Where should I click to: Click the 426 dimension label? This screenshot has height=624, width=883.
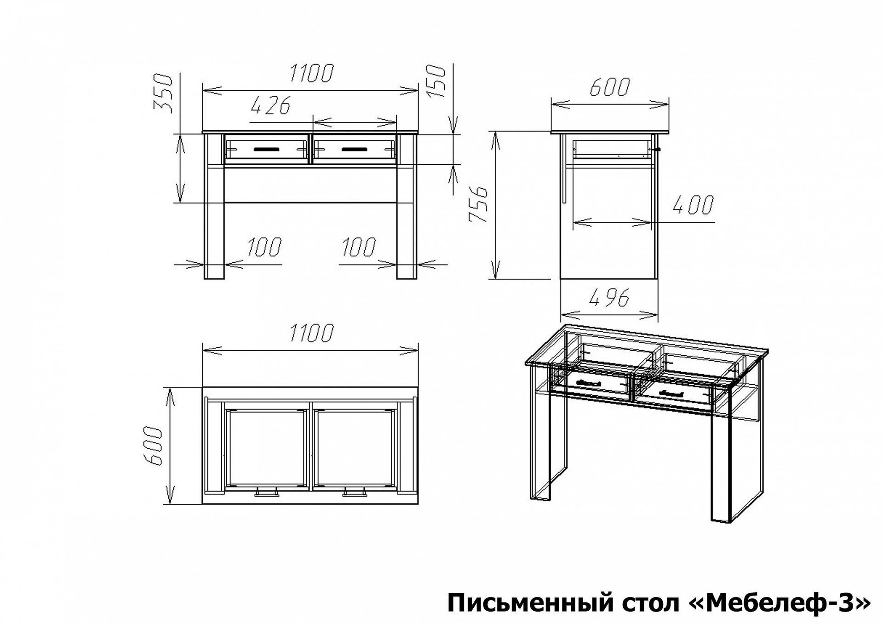(271, 106)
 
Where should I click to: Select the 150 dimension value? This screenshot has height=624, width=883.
(436, 81)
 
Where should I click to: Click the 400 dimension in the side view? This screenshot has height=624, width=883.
(693, 205)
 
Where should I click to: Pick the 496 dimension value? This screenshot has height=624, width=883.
(609, 299)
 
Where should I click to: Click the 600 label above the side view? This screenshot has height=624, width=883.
(609, 87)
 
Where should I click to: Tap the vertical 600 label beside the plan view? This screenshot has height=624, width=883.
(153, 446)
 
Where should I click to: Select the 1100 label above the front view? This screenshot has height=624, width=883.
(311, 74)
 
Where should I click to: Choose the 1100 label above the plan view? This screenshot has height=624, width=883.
(311, 333)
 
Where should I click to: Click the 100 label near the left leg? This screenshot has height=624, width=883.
(264, 247)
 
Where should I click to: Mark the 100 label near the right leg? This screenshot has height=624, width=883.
(359, 247)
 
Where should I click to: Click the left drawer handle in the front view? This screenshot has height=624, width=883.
(266, 149)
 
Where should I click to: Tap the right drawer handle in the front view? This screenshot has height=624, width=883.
(354, 149)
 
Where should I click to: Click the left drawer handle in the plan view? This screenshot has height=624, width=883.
(266, 493)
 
